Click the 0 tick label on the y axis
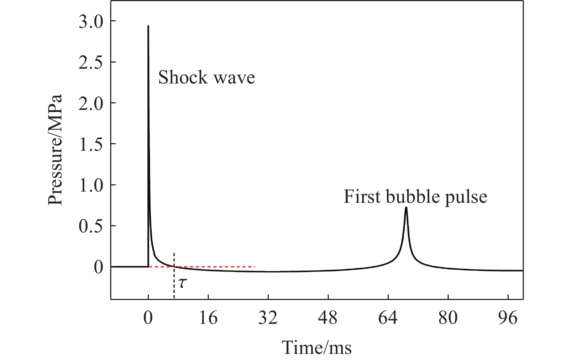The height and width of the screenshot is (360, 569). [99, 267]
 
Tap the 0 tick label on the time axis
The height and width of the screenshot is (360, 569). [148, 318]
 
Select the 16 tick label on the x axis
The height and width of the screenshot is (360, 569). [208, 318]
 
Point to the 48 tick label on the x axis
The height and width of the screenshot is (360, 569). [328, 318]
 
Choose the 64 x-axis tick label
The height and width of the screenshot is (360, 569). [388, 318]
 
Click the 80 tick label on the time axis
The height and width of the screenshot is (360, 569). [448, 318]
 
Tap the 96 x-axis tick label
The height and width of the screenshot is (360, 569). [508, 318]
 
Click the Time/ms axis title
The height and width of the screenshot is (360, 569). [317, 348]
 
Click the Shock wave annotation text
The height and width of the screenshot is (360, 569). [207, 77]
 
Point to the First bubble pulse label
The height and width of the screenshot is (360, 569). [415, 197]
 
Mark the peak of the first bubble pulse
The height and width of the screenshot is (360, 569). [406, 208]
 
